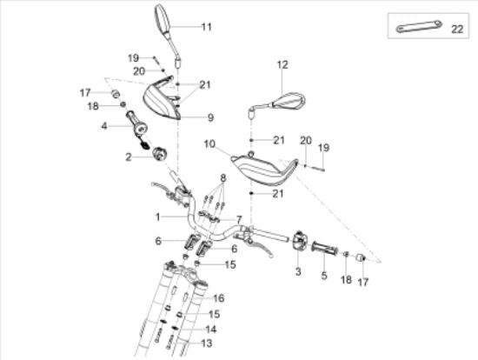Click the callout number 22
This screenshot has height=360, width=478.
[457, 30]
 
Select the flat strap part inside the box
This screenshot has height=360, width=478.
[419, 27]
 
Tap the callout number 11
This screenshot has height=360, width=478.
[206, 27]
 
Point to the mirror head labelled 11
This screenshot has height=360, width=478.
[163, 17]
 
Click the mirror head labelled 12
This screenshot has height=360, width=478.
[289, 101]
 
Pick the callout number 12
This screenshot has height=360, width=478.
[282, 64]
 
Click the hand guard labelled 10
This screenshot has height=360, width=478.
[263, 170]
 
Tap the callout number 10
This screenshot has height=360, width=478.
[209, 144]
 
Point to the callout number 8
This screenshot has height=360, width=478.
[223, 178]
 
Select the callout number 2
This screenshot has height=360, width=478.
[129, 157]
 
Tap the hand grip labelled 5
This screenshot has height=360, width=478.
[324, 249]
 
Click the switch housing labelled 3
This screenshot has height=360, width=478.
[299, 241]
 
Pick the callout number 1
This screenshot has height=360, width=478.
[157, 217]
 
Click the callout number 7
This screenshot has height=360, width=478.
[239, 220]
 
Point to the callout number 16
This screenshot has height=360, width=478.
[218, 298]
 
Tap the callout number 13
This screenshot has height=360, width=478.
[206, 343]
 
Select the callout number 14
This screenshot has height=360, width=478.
[211, 330]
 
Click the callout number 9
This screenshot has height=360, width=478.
[210, 117]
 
